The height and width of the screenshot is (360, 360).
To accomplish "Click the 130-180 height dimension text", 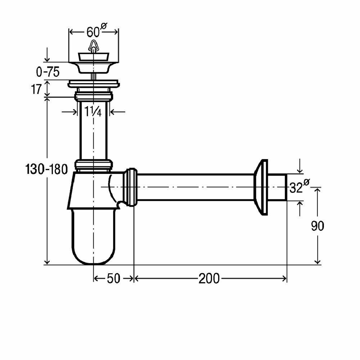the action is tap(47, 169).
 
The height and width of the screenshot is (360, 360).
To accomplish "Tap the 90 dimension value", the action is tap(317, 226).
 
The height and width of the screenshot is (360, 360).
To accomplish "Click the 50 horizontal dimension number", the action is tap(113, 279).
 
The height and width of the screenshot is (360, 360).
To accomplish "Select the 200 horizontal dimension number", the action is tap(209, 279).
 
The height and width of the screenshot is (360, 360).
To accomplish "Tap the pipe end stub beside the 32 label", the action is tap(278, 187).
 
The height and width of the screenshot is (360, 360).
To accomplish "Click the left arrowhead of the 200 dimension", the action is tap(137, 278).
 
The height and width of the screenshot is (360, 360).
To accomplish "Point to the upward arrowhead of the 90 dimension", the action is tap(317, 190).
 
